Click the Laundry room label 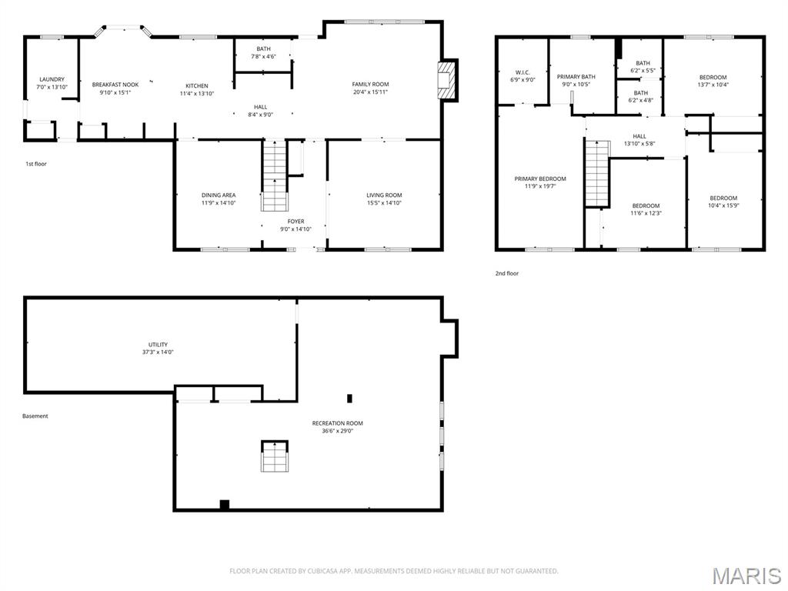tap(52, 79)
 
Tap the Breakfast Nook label tap(115, 85)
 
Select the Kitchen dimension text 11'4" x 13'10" tap(197, 94)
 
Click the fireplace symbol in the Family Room tap(445, 79)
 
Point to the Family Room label tap(370, 85)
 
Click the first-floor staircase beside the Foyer tap(275, 175)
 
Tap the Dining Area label tap(219, 195)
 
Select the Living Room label tap(384, 195)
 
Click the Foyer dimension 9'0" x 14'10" tap(296, 229)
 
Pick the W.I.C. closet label tap(523, 72)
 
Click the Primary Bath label tap(576, 77)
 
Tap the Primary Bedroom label tap(540, 179)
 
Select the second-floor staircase tap(597, 174)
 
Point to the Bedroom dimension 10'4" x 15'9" tap(723, 205)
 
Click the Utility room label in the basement tap(158, 345)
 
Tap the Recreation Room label tap(337, 423)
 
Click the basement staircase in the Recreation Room tap(274, 456)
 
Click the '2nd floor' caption tap(507, 273)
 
